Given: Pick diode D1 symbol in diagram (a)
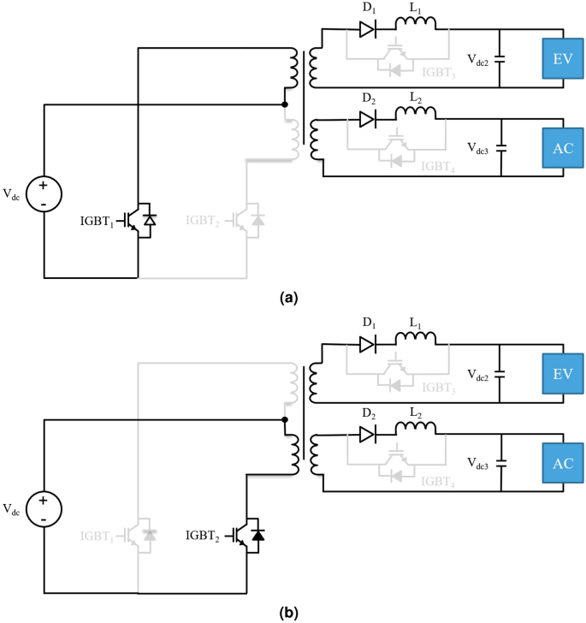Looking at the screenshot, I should pyautogui.click(x=366, y=31).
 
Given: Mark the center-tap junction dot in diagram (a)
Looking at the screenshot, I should pyautogui.click(x=285, y=104).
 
